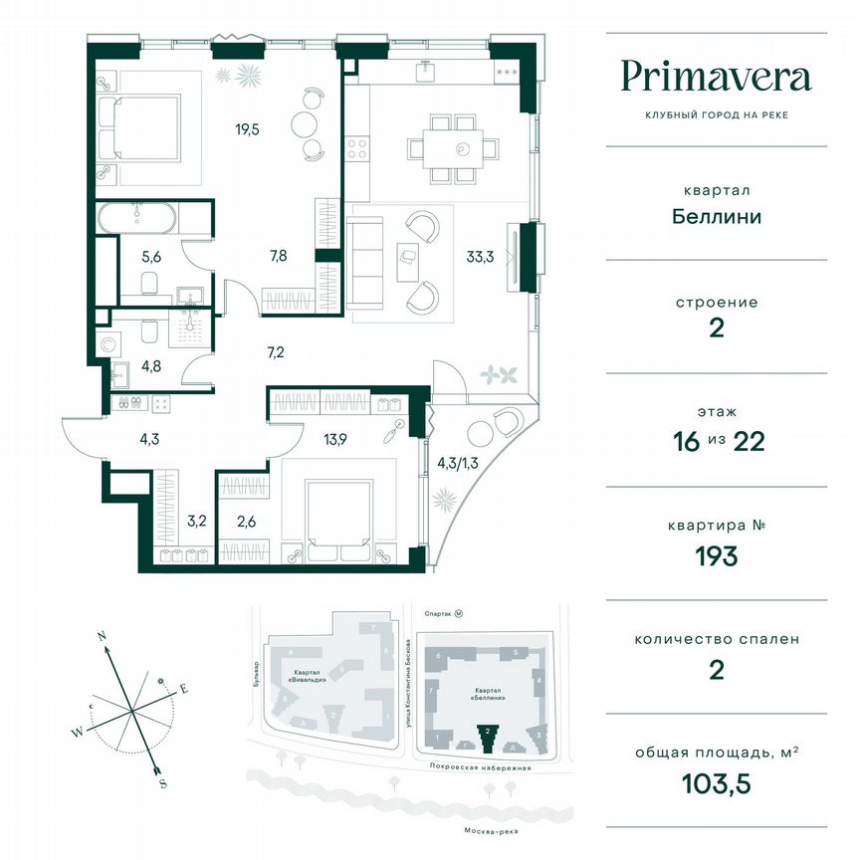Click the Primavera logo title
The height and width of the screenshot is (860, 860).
[x=716, y=77]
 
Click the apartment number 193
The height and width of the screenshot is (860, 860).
[x=716, y=555]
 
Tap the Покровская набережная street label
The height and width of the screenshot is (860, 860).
[x=485, y=768]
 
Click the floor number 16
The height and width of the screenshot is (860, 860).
[x=684, y=442]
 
